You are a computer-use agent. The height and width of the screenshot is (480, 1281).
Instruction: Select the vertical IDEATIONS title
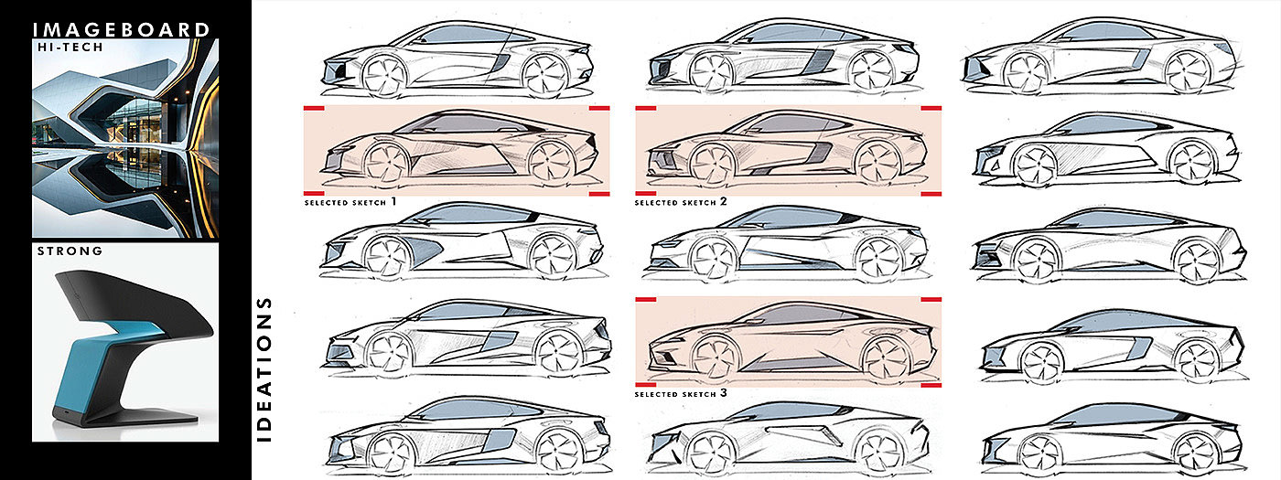pos(264,368)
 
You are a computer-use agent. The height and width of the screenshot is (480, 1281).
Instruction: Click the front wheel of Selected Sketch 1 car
pos(389,163)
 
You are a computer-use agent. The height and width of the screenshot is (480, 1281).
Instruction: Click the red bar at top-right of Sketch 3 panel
pos(931,300)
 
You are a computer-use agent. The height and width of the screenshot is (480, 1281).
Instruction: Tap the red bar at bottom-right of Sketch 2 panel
pos(931,194)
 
